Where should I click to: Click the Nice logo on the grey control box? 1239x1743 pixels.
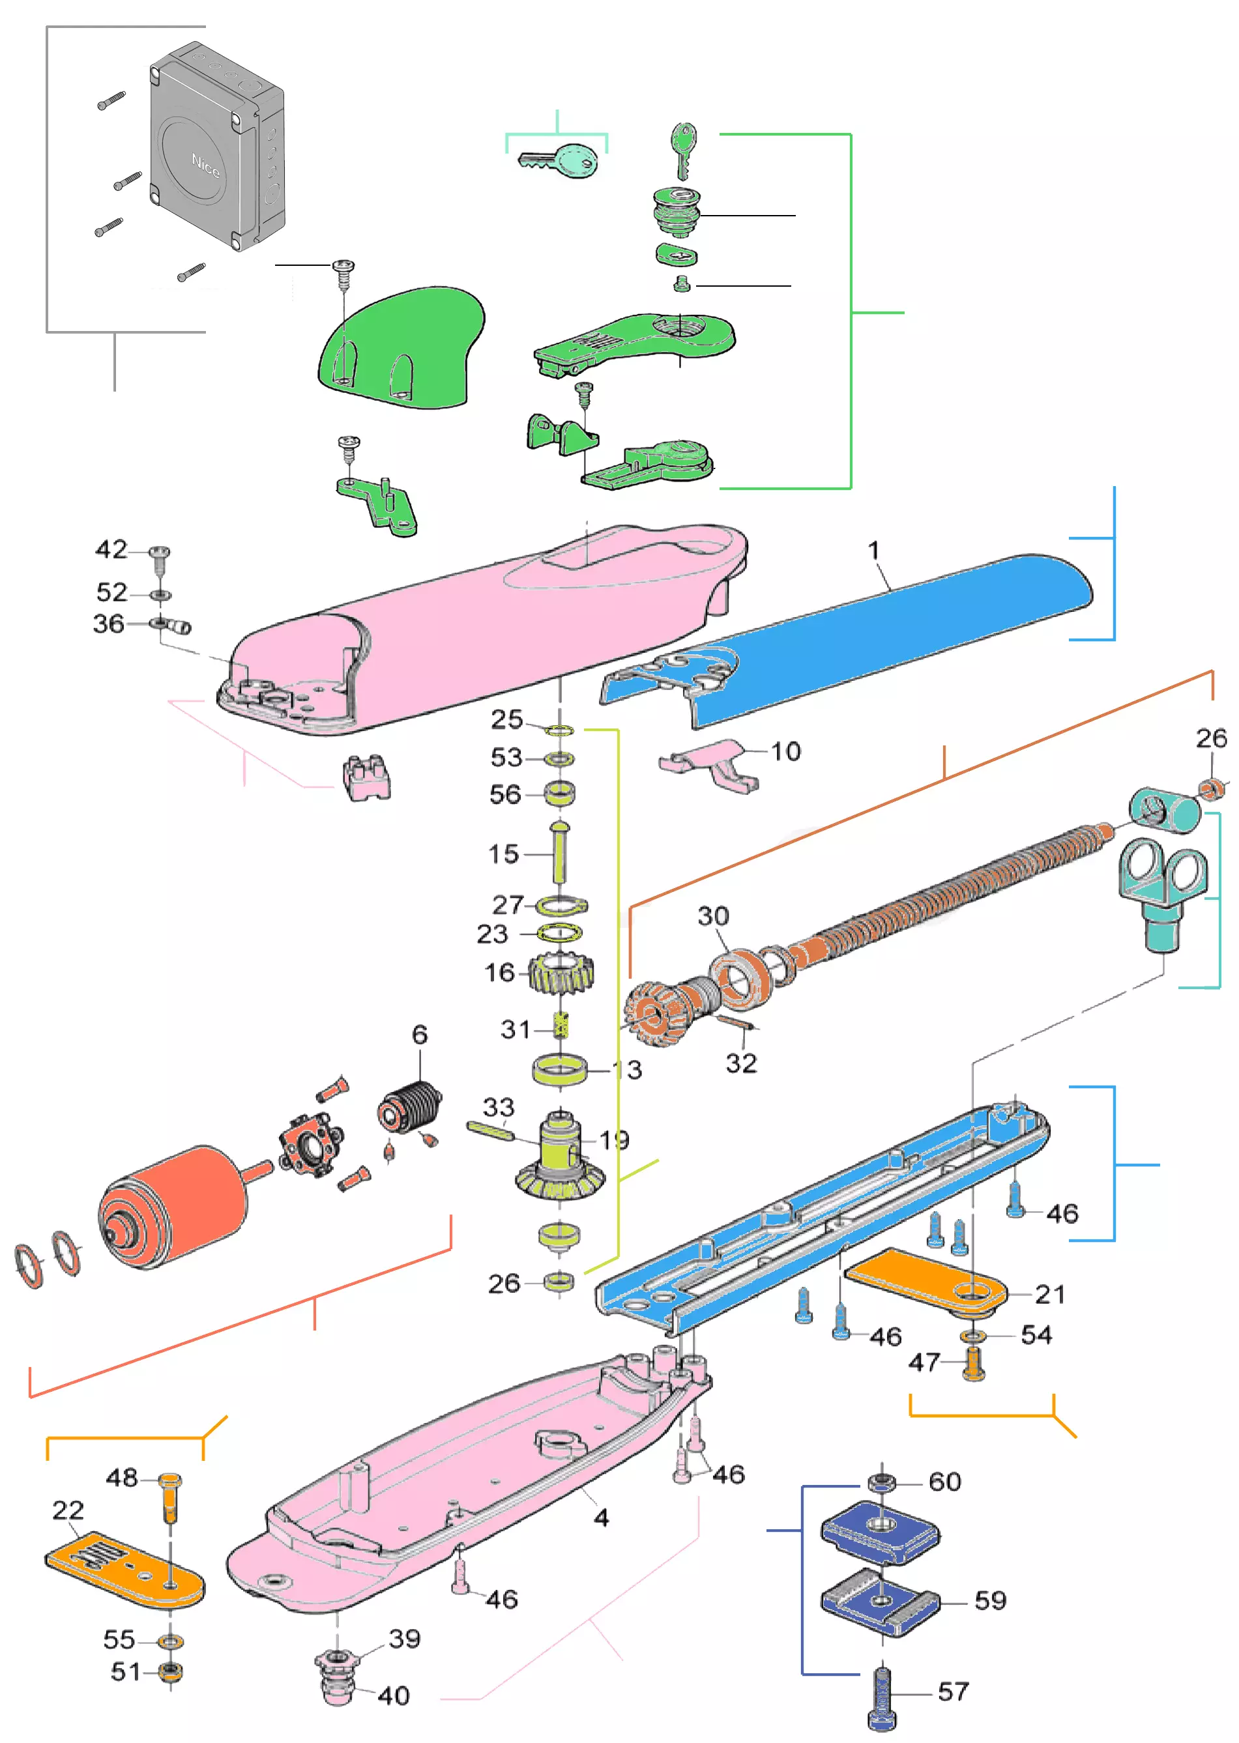[x=205, y=165]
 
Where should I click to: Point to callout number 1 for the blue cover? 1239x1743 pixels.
[x=874, y=550]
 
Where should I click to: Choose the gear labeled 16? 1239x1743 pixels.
[x=561, y=974]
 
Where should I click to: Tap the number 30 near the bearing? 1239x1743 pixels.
[x=713, y=916]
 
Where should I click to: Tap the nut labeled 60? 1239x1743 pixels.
[x=882, y=1482]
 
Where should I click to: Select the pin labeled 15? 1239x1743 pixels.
[x=559, y=852]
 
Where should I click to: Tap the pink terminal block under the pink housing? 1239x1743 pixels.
[x=366, y=777]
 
